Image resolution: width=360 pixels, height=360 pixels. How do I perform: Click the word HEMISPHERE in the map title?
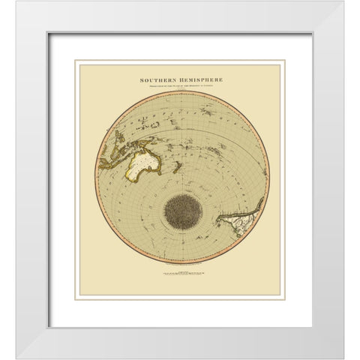pyautogui.click(x=199, y=77)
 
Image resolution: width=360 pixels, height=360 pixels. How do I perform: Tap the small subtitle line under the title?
pyautogui.click(x=180, y=85)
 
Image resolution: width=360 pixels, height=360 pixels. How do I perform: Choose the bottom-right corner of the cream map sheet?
pyautogui.click(x=280, y=295)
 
